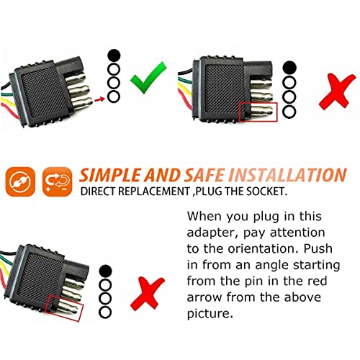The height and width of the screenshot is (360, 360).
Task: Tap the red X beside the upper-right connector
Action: click(x=336, y=92)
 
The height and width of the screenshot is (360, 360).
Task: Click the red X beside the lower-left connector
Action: click(x=147, y=294)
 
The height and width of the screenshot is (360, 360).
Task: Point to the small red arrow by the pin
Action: click(x=99, y=99)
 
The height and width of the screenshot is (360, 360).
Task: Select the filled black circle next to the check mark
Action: click(x=114, y=55)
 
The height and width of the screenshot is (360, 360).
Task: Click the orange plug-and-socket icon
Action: click(x=20, y=181)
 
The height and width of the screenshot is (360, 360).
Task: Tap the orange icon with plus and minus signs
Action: click(x=58, y=181)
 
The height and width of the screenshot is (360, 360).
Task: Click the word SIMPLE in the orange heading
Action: click(x=111, y=175)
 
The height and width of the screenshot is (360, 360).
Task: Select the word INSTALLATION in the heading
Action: click(x=287, y=175)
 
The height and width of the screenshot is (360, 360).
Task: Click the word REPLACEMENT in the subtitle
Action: click(x=153, y=192)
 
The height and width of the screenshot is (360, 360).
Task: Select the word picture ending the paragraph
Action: click(x=210, y=314)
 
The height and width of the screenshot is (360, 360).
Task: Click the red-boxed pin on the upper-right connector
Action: click(x=261, y=111)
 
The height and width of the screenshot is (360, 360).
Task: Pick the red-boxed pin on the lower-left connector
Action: click(x=68, y=308)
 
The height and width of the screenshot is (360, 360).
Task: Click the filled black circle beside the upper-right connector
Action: click(x=289, y=68)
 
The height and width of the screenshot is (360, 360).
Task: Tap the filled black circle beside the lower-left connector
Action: click(x=105, y=271)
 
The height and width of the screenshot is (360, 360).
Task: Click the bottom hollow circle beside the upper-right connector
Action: click(x=289, y=112)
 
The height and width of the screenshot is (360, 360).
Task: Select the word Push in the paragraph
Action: click(x=318, y=248)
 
